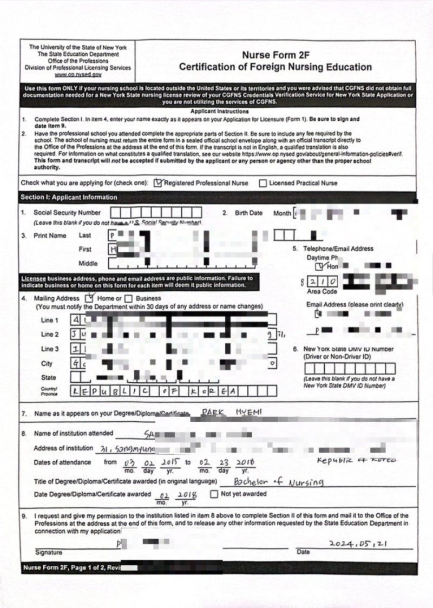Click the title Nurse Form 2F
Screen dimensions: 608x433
[x=275, y=55]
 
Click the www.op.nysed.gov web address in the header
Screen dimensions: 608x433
[x=77, y=75]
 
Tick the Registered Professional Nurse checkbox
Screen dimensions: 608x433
[x=158, y=183]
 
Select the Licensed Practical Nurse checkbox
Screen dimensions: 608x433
[x=263, y=184]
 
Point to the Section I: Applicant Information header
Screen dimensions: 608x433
[x=69, y=197]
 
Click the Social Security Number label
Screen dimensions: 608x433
[x=67, y=213]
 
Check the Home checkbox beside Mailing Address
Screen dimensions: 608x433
[x=90, y=298]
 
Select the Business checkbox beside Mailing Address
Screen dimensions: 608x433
[x=129, y=298]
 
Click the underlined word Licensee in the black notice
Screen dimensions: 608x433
[x=33, y=278]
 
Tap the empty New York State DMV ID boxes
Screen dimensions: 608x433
[x=349, y=369]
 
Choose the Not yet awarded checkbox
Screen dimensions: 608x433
[x=214, y=494]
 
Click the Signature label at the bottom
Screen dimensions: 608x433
[x=48, y=553]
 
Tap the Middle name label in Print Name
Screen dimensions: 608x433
[x=88, y=264]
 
